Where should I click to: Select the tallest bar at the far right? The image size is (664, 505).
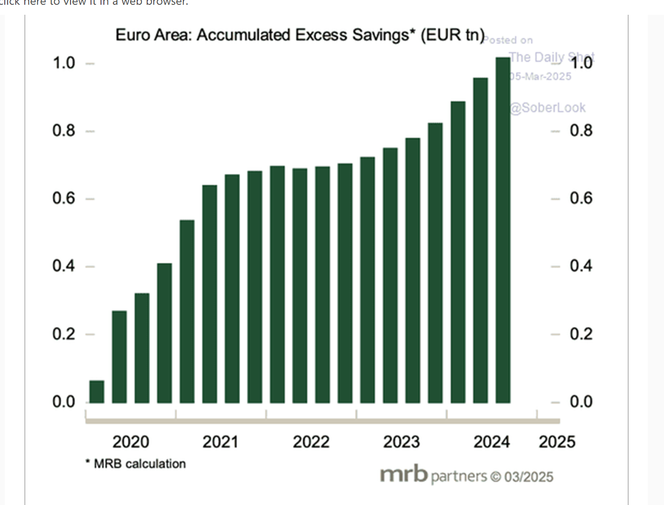point(503,230)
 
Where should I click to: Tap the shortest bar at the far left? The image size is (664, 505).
point(97,392)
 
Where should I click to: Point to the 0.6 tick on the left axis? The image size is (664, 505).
point(64,198)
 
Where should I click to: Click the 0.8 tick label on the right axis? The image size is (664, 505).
point(581,130)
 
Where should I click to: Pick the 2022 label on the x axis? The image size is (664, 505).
point(311,442)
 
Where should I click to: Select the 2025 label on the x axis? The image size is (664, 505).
point(557,442)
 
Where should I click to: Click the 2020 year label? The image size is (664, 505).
point(131,442)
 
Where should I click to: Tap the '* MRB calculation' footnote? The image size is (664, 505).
point(136,464)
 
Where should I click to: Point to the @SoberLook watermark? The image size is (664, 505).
point(547,108)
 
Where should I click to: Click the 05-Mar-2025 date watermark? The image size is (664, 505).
point(540,77)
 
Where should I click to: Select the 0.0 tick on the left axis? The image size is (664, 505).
point(64,402)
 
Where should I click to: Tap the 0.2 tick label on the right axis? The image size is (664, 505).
point(581,334)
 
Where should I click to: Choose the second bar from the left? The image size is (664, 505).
point(119,357)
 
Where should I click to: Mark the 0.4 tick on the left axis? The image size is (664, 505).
point(64,266)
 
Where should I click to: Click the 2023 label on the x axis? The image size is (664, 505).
point(401,442)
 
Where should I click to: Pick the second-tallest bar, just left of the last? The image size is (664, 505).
point(480,240)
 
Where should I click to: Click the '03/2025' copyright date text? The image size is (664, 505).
point(529,477)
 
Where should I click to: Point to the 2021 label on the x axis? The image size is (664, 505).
point(220,442)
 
